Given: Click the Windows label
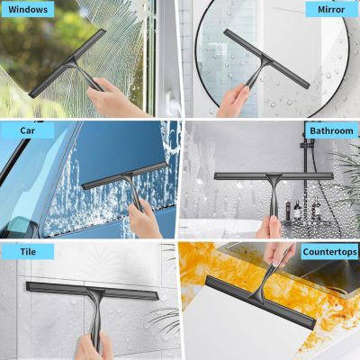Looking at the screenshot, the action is click(28, 9).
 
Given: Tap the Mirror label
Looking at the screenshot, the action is click(331, 9).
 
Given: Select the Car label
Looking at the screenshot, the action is click(28, 130).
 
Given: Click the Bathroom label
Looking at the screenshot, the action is click(331, 130).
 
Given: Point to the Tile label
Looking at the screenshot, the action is click(28, 251).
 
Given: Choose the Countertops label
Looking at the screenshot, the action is click(330, 252).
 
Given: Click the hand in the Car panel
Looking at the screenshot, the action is click(144, 219).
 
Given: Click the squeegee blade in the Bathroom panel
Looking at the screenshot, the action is click(274, 176).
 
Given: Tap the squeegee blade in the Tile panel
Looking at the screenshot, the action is click(92, 291).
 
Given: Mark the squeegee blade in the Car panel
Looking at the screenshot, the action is click(124, 175).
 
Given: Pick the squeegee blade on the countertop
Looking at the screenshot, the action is click(260, 302).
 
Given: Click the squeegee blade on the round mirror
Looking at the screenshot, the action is click(266, 58).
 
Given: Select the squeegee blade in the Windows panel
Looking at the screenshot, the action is click(67, 63).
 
